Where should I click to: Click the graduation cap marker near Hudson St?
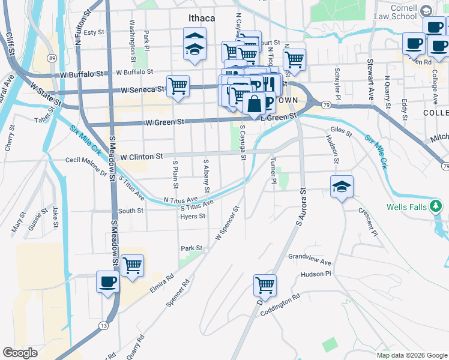[x=342, y=187]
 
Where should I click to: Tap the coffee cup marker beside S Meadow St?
[x=108, y=282]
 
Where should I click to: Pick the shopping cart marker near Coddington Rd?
[x=265, y=286]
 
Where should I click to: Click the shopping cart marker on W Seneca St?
[x=178, y=86]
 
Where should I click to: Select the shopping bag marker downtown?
[x=255, y=103]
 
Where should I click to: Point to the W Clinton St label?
[x=142, y=157]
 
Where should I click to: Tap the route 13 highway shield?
[x=104, y=326]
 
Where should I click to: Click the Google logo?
[x=20, y=353]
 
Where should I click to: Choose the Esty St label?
[x=94, y=32]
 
